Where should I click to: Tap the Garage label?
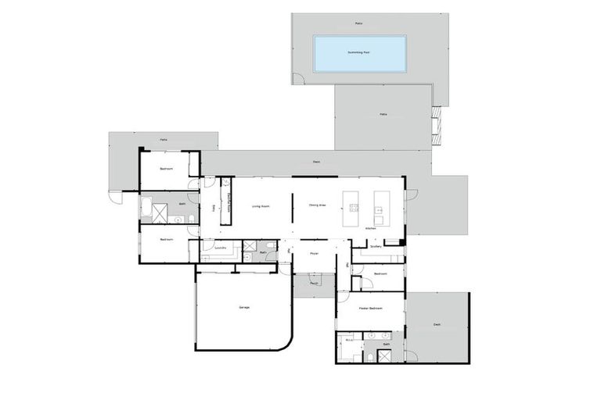(x=244, y=308)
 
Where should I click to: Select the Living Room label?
(x=261, y=206)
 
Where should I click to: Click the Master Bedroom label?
(x=371, y=309)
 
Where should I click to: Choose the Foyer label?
(x=314, y=253)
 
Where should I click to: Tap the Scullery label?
(x=376, y=245)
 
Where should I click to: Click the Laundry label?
(x=221, y=247)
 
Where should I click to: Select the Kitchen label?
(x=371, y=228)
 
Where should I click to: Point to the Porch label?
(x=314, y=284)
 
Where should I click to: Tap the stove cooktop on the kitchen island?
(x=354, y=208)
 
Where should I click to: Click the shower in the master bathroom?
(x=385, y=356)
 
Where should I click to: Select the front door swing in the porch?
(x=315, y=277)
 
